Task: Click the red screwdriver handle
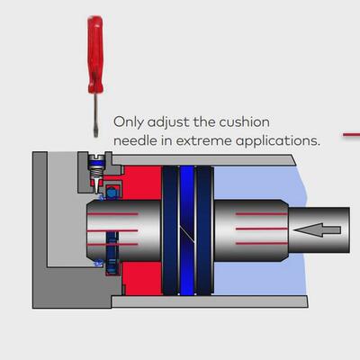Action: pos(95,54)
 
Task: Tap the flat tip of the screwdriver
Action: pos(95,133)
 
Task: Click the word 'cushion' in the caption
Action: pos(244,122)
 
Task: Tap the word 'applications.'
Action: pos(278,141)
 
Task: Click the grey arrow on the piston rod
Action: pos(317,230)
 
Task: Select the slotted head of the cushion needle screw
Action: pos(96,157)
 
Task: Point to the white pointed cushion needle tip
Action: pos(96,185)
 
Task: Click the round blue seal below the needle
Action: pos(112,193)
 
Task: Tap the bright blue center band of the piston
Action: pos(187,230)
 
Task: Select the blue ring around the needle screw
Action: pos(96,163)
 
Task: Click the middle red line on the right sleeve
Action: pos(262,229)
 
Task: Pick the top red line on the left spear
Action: pos(112,214)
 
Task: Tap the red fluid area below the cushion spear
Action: pos(142,278)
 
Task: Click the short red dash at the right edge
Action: pos(352,135)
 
